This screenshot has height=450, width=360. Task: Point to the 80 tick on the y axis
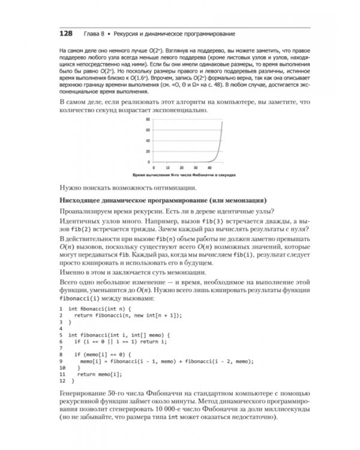148,119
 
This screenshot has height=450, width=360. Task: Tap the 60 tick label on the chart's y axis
148,130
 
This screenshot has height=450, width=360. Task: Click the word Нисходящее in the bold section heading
82,199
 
